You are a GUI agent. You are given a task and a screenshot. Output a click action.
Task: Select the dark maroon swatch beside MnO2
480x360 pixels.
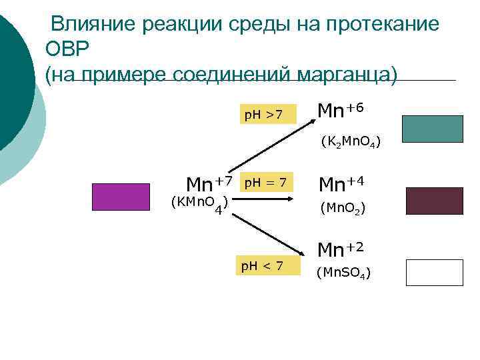pyautogui.click(x=434, y=201)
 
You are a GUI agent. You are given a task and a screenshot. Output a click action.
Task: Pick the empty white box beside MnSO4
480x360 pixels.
pyautogui.click(x=434, y=273)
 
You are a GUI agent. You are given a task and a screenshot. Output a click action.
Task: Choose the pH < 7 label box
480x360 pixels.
pyautogui.click(x=262, y=267)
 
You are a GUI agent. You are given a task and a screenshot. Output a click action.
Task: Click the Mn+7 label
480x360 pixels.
pyautogui.click(x=209, y=183)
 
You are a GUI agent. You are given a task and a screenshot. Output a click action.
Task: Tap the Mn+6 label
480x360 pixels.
pyautogui.click(x=340, y=109)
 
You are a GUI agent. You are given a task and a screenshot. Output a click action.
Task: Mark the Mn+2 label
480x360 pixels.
pyautogui.click(x=341, y=249)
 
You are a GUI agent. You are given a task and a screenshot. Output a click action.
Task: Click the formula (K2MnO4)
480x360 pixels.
pyautogui.click(x=351, y=141)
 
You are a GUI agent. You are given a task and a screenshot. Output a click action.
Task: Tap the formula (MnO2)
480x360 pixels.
pyautogui.click(x=342, y=208)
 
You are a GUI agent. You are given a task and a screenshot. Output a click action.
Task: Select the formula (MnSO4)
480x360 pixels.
pyautogui.click(x=343, y=272)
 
